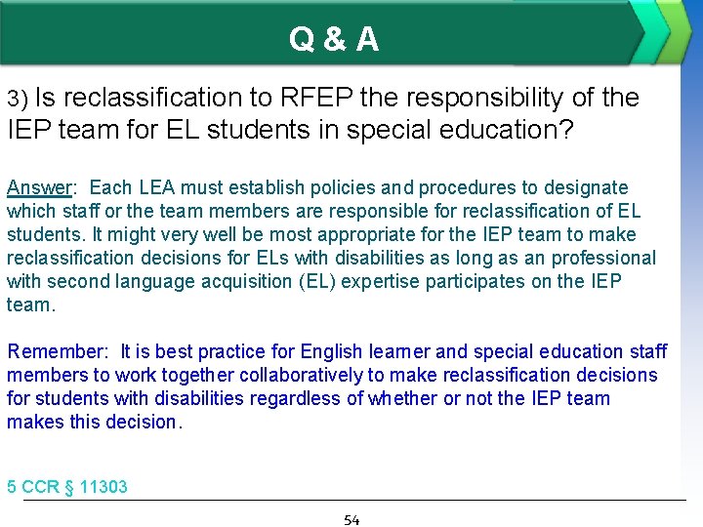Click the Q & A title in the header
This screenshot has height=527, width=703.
click(x=334, y=39)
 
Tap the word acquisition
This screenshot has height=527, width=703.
click(x=207, y=281)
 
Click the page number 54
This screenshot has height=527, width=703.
click(x=351, y=519)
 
